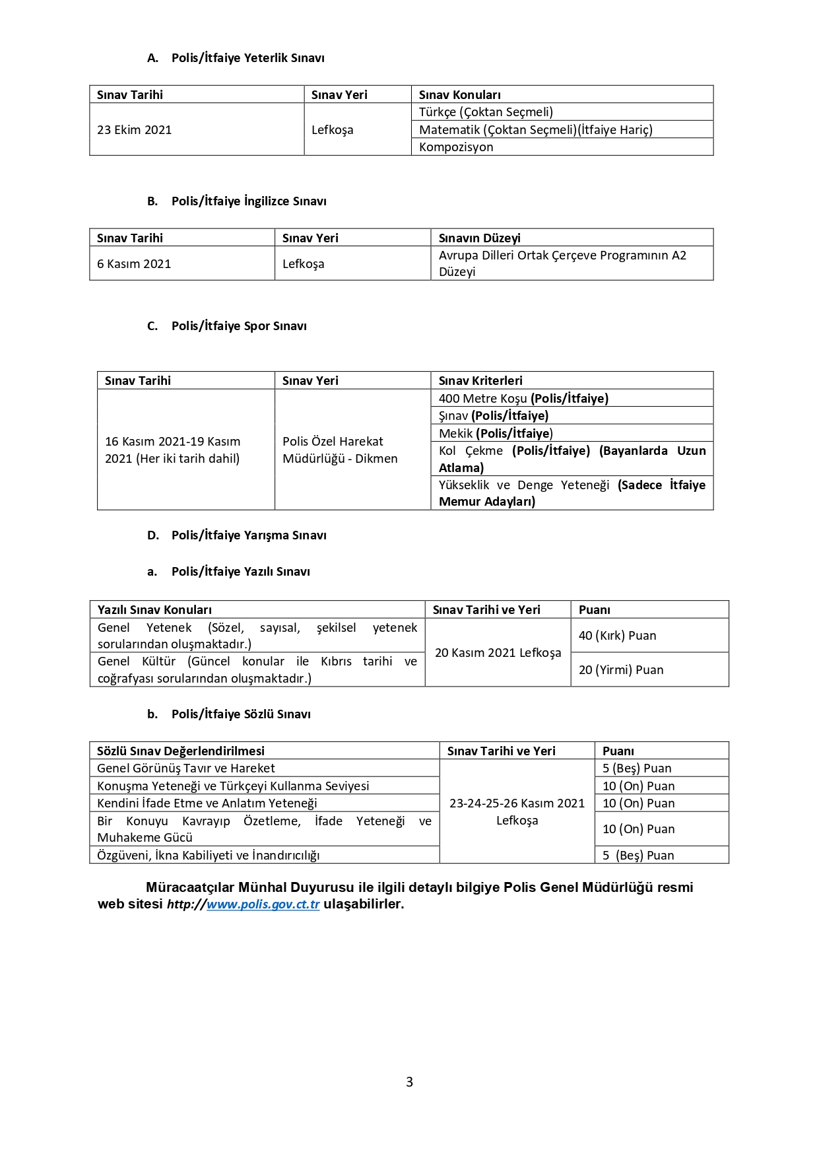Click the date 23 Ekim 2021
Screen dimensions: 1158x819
pyautogui.click(x=135, y=130)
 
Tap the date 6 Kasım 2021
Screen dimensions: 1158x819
pyautogui.click(x=134, y=264)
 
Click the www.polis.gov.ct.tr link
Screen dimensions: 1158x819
pyautogui.click(x=263, y=904)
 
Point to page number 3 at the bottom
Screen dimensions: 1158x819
pyautogui.click(x=409, y=1081)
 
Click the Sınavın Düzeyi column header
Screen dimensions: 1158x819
pyautogui.click(x=480, y=238)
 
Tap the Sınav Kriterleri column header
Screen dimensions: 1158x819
pyautogui.click(x=480, y=381)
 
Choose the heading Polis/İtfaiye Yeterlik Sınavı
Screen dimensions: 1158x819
pyautogui.click(x=247, y=58)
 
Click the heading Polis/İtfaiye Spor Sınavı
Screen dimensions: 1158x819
pyautogui.click(x=239, y=326)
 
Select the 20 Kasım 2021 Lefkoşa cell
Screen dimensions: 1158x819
pyautogui.click(x=498, y=653)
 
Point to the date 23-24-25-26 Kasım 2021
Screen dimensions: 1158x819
pyautogui.click(x=517, y=803)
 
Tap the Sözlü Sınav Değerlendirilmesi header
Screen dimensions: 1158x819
pyautogui.click(x=181, y=751)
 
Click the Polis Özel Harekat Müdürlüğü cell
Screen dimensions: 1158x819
pyautogui.click(x=340, y=450)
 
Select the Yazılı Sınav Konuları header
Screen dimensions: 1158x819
pyautogui.click(x=154, y=610)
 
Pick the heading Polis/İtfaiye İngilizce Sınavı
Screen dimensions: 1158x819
pyautogui.click(x=249, y=201)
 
